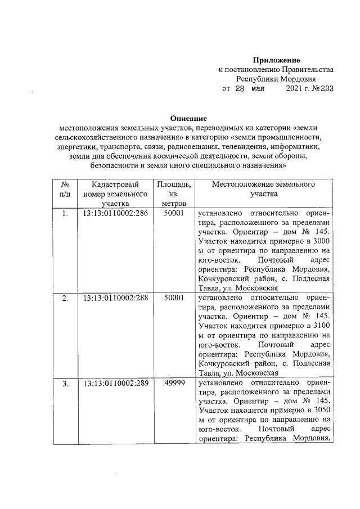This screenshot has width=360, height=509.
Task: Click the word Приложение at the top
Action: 276,60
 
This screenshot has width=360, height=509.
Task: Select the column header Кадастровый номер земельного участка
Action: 115,194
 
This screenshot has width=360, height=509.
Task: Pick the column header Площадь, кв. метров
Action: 174,194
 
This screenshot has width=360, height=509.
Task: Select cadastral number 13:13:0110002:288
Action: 115,298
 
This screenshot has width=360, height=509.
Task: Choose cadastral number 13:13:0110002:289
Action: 115,384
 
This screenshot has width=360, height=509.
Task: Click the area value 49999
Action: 174,384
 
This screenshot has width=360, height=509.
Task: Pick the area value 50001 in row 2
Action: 174,298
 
